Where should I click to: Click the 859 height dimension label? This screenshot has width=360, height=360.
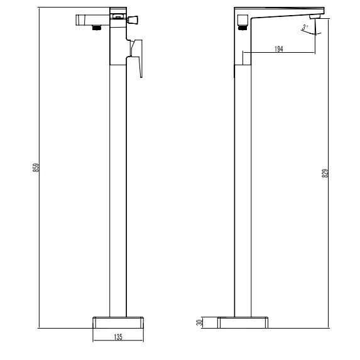[x=36, y=168]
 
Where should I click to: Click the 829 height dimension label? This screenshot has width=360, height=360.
[x=325, y=173]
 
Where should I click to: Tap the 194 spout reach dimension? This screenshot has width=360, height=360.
[x=279, y=49]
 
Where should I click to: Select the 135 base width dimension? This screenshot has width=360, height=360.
[x=118, y=337]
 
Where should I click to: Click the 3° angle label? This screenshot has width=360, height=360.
[x=305, y=28]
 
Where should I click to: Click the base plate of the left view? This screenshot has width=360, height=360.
[x=118, y=322]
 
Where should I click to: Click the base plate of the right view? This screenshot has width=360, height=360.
[x=243, y=322]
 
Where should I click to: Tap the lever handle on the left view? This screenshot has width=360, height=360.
[x=137, y=57]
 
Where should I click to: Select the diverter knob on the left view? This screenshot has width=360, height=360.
[x=133, y=19]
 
